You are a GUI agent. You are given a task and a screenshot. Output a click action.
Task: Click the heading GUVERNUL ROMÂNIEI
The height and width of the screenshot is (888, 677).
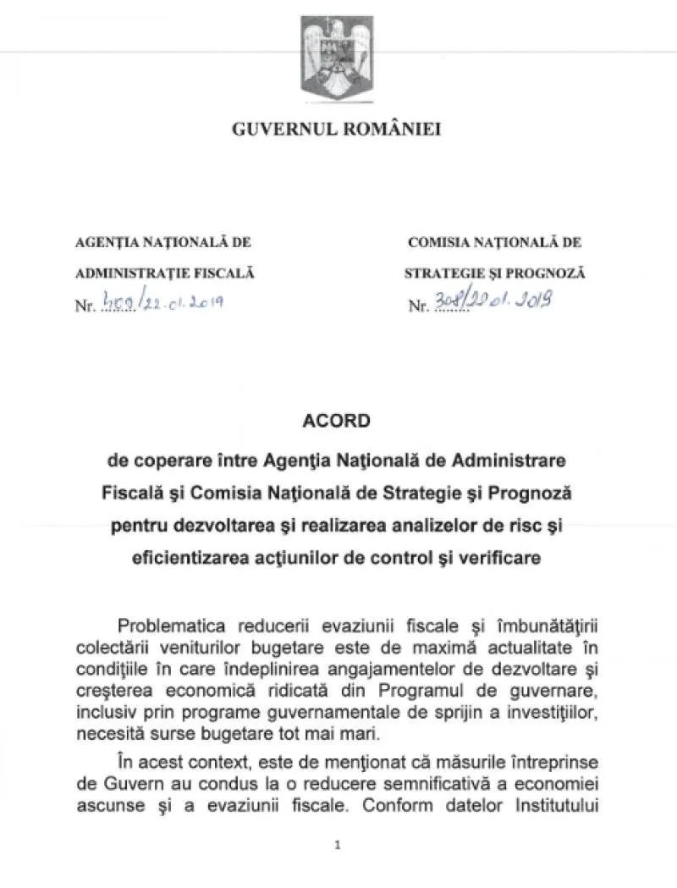337,130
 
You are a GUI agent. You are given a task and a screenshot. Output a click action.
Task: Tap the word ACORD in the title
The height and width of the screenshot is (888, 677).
337,421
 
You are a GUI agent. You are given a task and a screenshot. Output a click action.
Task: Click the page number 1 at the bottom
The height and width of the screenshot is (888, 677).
337,844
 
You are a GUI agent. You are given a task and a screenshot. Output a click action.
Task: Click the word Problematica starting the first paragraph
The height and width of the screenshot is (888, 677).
168,626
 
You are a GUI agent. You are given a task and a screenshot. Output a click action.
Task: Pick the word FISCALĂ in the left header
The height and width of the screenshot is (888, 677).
225,273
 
